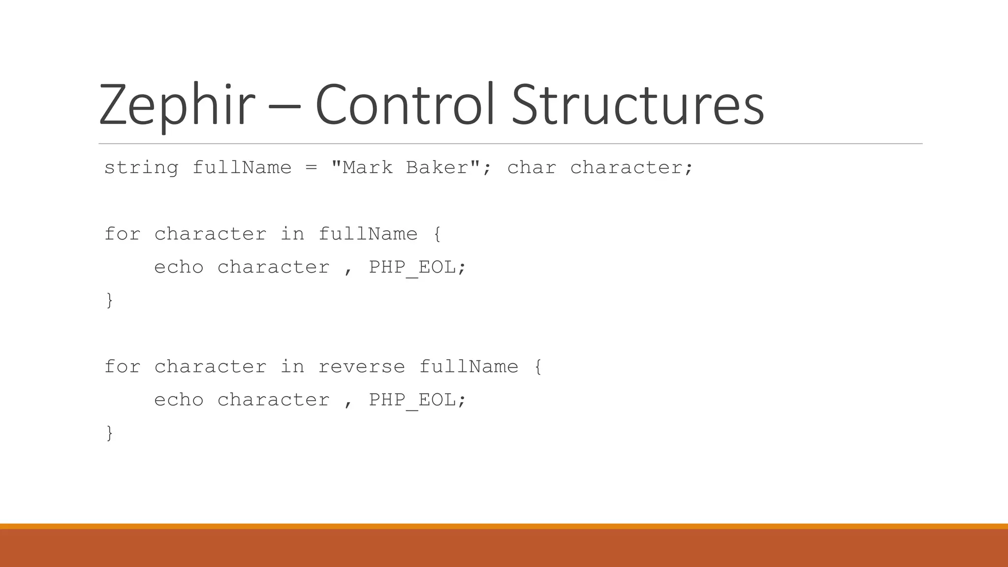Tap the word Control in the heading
pos(405,105)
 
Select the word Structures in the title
pos(638,105)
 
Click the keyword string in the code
pos(141,168)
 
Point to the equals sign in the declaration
pos(311,168)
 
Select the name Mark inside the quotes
pos(368,168)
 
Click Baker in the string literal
pos(437,168)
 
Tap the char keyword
pos(532,168)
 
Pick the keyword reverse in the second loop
pos(362,367)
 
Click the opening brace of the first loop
pos(437,234)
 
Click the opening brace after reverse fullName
pos(538,367)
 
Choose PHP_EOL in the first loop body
pos(412,267)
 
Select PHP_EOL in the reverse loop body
pos(412,400)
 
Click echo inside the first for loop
pos(179,267)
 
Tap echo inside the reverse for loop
pos(179,400)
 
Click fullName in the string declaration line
pos(242,168)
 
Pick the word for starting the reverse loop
pos(123,367)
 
